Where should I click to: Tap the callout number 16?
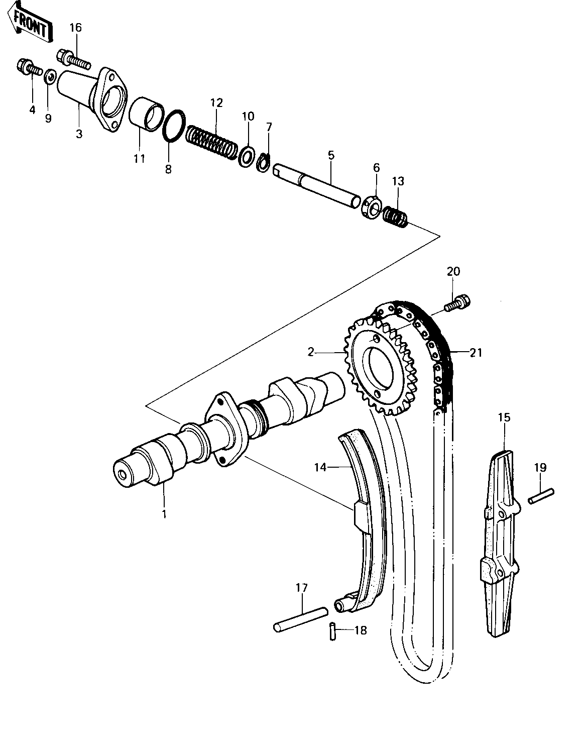pyautogui.click(x=76, y=28)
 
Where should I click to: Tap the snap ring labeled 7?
pyautogui.click(x=264, y=163)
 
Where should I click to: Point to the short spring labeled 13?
pyautogui.click(x=395, y=217)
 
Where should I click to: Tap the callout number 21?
pyautogui.click(x=476, y=353)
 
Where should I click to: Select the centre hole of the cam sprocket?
pyautogui.click(x=381, y=368)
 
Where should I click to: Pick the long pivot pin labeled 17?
pyautogui.click(x=301, y=619)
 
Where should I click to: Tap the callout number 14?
pyautogui.click(x=320, y=467)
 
